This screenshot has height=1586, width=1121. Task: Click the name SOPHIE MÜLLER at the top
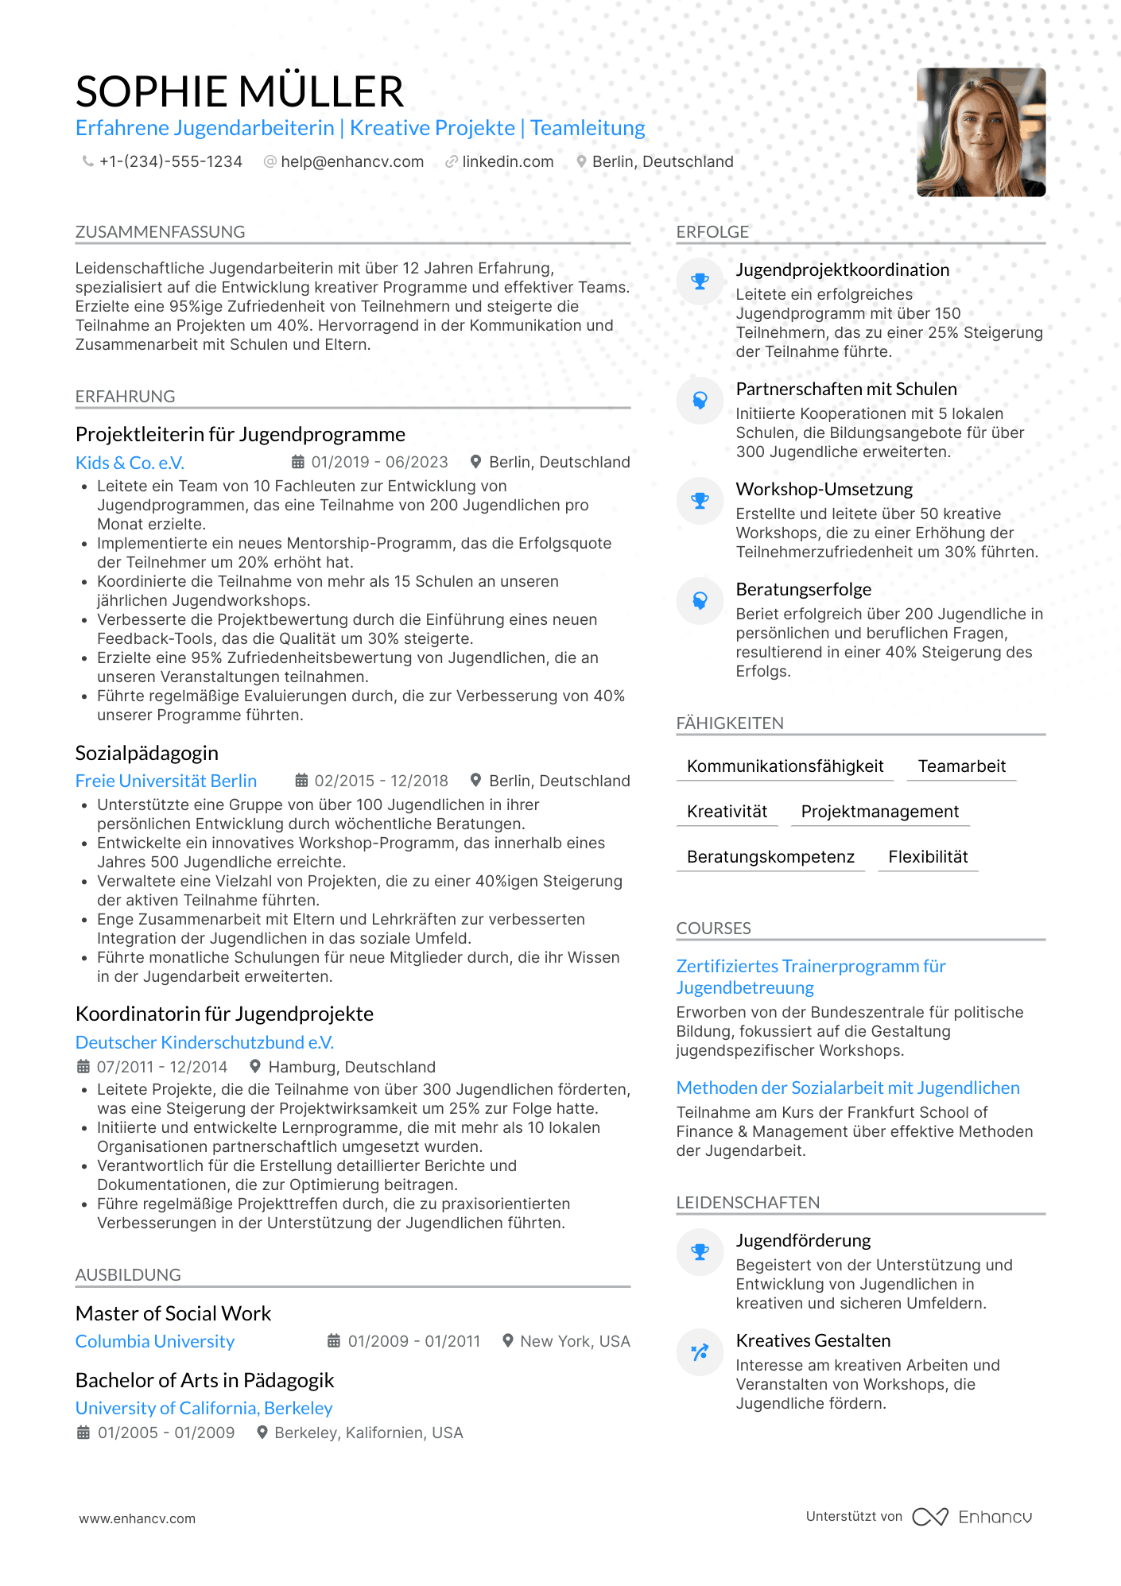click(239, 91)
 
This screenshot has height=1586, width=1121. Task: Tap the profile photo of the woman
click(980, 132)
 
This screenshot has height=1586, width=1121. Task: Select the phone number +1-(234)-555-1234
click(170, 161)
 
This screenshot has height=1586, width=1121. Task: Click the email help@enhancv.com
click(352, 161)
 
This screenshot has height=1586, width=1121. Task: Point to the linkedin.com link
click(507, 161)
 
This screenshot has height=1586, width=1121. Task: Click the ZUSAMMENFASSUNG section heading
click(160, 232)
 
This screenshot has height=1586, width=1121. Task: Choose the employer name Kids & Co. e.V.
click(130, 463)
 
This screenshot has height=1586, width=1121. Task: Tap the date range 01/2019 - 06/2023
click(379, 462)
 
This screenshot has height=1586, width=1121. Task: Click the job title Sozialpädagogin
click(146, 753)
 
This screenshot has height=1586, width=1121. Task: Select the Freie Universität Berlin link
click(165, 781)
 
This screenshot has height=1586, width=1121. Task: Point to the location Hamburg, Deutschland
click(351, 1067)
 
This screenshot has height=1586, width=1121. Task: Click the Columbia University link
click(155, 1341)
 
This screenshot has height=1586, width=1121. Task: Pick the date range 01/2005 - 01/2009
click(165, 1433)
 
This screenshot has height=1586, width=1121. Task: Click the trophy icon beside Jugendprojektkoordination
click(700, 281)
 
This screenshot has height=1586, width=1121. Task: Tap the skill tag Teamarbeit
click(961, 766)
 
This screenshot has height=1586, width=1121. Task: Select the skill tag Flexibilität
click(928, 857)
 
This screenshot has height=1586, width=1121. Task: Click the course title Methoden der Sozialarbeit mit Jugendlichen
click(848, 1088)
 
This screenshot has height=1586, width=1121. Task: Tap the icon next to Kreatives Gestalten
click(700, 1351)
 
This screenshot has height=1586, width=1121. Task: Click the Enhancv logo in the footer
click(973, 1517)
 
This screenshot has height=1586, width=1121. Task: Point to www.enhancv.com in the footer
click(137, 1518)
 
